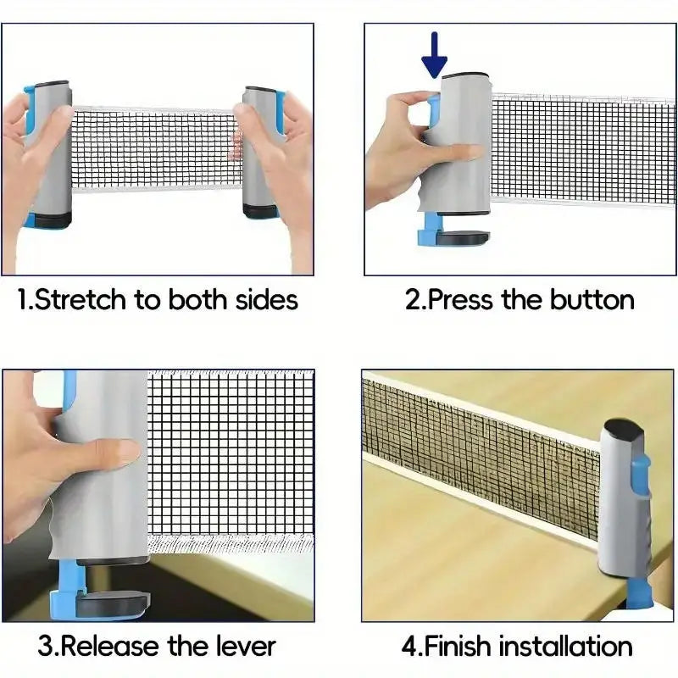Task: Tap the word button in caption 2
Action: click(592, 300)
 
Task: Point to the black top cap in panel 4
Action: click(625, 428)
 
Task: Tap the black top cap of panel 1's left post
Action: click(53, 86)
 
